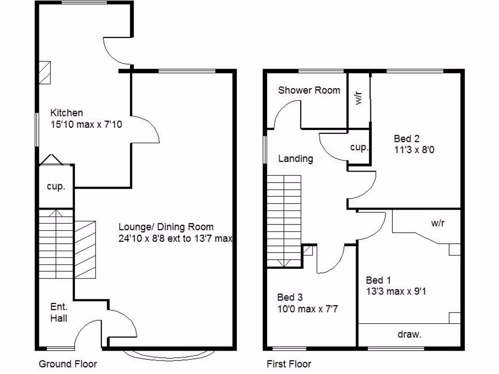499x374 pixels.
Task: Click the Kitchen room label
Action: (x=66, y=113)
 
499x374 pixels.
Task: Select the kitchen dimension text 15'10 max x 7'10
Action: (x=86, y=125)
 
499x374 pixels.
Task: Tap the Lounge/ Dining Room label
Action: (x=166, y=227)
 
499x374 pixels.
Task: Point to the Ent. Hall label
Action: (x=59, y=313)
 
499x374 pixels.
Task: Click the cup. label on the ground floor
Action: (x=56, y=187)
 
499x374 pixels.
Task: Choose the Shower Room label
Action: (x=309, y=90)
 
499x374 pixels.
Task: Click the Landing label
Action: (x=295, y=159)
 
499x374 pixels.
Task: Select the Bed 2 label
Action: (x=407, y=138)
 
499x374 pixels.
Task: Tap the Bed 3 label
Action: (x=290, y=297)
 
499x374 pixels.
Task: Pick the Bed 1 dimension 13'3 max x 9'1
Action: (x=396, y=292)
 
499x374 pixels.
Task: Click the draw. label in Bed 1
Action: (x=409, y=335)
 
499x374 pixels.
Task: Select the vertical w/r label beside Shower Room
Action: (x=359, y=99)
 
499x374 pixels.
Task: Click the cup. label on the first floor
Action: (x=359, y=147)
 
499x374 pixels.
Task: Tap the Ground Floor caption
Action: (x=68, y=364)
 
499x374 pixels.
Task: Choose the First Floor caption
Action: (x=289, y=364)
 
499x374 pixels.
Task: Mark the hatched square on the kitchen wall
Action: (x=45, y=73)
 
